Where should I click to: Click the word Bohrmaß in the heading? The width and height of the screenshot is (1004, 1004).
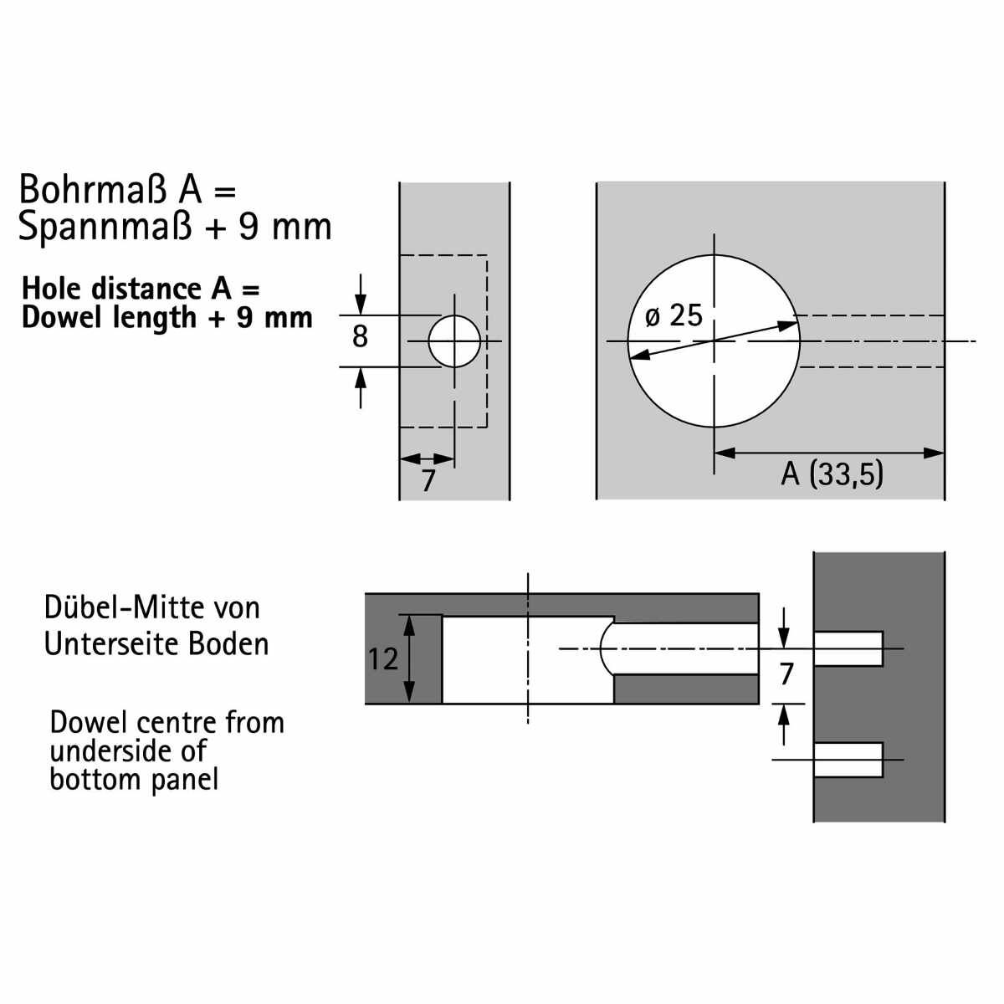coord(93,189)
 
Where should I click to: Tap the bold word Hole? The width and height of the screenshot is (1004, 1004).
coord(53,289)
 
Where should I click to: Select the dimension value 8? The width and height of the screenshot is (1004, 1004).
coord(360,336)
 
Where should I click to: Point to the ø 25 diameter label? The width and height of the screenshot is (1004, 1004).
coord(674,315)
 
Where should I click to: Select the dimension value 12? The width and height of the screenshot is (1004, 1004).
coord(383,659)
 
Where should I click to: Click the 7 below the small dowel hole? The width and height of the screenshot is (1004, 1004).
coord(428,480)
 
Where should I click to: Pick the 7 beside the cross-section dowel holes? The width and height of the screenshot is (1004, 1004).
coord(786,674)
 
